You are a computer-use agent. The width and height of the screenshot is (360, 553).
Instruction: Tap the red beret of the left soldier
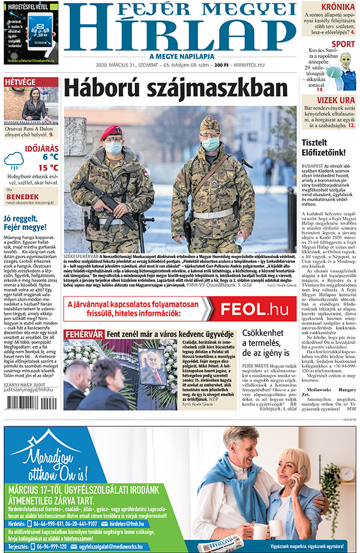tap(111, 131)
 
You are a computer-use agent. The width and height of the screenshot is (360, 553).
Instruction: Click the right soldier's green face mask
tap(210, 144)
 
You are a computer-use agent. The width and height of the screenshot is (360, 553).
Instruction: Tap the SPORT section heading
tap(343, 44)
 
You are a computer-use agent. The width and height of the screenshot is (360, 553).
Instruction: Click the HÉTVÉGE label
tap(20, 82)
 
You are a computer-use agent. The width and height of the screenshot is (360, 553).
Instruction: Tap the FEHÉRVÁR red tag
tap(85, 334)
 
